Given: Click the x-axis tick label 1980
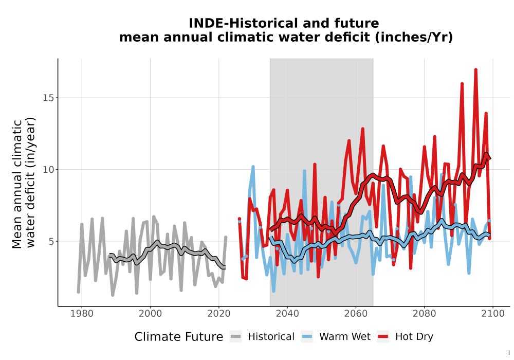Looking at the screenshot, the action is coord(82,314).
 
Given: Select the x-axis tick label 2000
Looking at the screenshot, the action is coord(150,314).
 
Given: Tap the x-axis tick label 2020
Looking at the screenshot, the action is coord(218,314).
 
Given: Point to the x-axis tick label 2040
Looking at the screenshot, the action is coord(287,314).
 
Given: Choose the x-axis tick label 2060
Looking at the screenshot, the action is coord(356,314).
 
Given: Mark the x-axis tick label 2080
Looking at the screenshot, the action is coord(424,314).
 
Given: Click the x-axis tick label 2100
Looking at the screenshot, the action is coord(493,314).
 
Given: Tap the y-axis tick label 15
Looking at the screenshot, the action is coord(48,98).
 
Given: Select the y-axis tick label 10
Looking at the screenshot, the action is coord(48,170).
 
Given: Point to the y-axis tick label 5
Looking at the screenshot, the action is coord(51,241).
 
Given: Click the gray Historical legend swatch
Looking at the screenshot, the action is coord(236,337).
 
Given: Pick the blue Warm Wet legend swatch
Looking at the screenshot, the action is coord(307,337).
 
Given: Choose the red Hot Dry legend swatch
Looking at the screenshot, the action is coord(383,337).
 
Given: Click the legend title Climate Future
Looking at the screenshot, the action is coord(179,337).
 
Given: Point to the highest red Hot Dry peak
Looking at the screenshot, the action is coord(475,70).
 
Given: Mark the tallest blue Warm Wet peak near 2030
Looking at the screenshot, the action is coord(253,167).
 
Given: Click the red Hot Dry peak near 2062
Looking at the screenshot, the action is coord(362,129).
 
